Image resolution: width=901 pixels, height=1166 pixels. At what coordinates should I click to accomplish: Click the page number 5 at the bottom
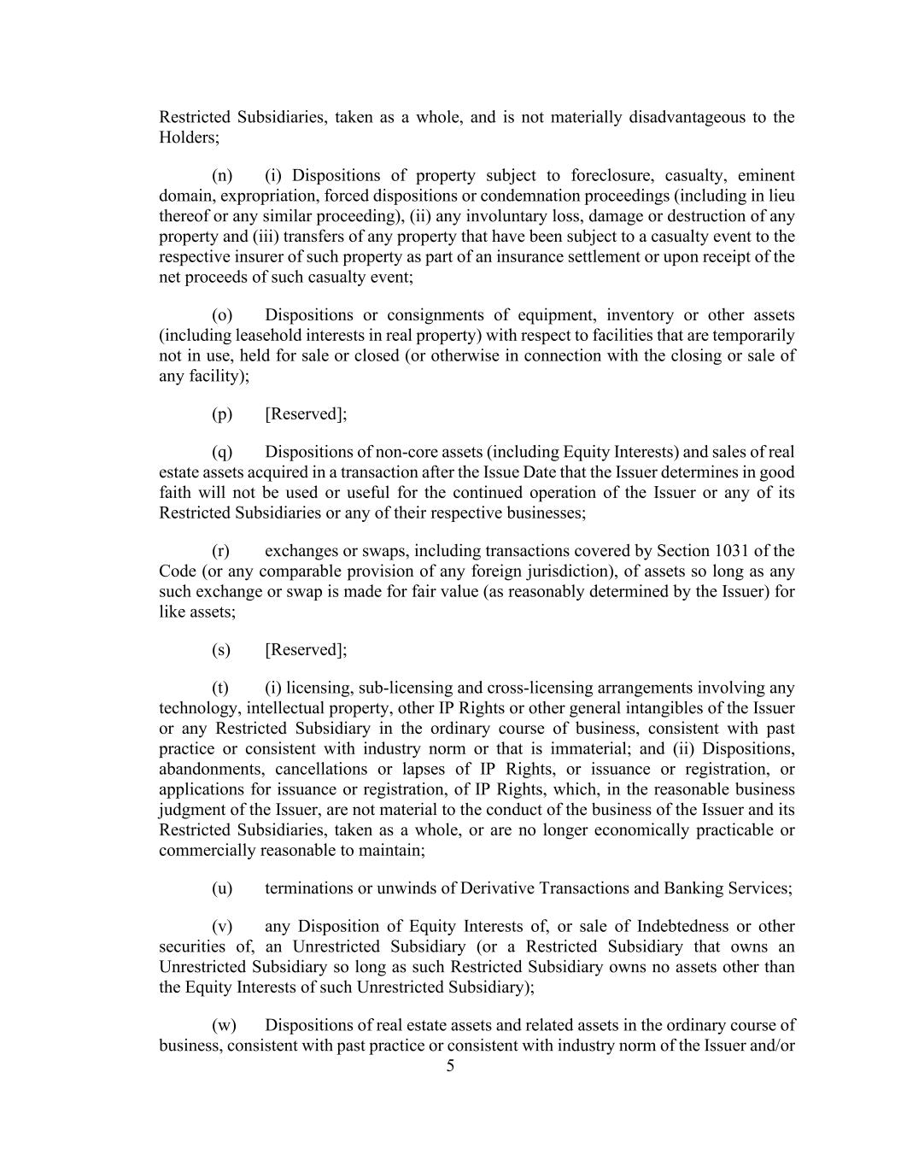(450, 1065)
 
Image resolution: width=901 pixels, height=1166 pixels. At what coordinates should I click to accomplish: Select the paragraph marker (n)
(221, 176)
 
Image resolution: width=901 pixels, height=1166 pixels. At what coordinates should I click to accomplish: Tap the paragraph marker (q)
(221, 452)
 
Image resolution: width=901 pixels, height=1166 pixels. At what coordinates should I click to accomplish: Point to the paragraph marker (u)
(221, 888)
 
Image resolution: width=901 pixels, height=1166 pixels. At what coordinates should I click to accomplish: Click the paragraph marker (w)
(222, 1025)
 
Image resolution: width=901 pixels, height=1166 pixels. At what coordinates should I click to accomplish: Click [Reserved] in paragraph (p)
(306, 414)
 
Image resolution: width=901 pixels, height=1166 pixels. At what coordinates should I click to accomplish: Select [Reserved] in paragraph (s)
(306, 650)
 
